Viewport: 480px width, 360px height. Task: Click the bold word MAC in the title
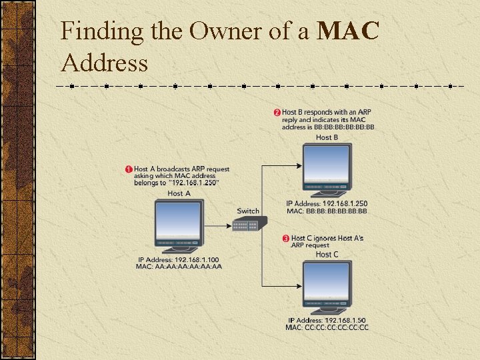(x=349, y=31)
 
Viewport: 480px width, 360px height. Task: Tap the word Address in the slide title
(x=104, y=63)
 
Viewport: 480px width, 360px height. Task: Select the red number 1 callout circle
(x=129, y=169)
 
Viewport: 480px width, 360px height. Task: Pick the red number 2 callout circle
(x=277, y=111)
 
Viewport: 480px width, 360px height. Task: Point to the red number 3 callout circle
(x=286, y=238)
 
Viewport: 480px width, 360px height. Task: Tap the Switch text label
(x=248, y=211)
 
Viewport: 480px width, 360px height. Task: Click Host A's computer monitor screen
(x=178, y=220)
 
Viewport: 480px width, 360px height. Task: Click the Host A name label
(x=179, y=193)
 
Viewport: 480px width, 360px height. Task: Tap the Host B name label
(x=327, y=137)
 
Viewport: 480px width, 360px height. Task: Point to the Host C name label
(x=327, y=254)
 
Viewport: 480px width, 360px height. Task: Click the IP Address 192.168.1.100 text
(x=178, y=259)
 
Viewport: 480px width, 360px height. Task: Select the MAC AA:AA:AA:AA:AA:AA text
(x=178, y=267)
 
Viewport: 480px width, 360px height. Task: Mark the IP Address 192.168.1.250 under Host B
(x=327, y=203)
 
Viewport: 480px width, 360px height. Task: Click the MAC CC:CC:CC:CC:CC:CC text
(x=327, y=327)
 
